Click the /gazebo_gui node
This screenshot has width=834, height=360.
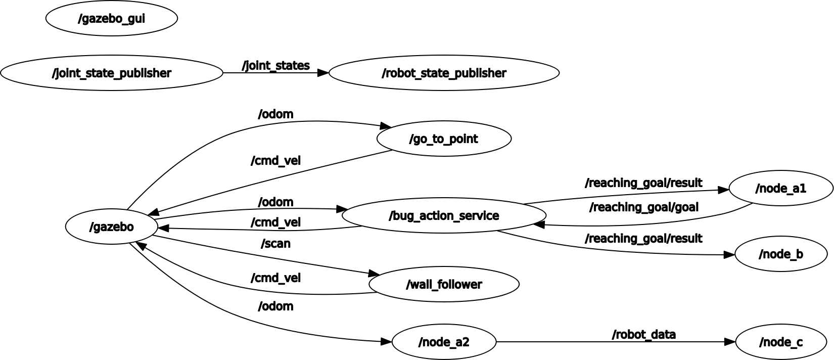[111, 19]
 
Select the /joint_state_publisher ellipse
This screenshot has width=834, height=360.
[111, 73]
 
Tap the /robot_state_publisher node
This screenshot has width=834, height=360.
[444, 73]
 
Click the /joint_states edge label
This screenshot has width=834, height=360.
[276, 66]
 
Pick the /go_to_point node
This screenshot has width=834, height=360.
[444, 139]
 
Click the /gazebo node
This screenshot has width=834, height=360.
[111, 227]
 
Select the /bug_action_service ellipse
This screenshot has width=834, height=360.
[444, 216]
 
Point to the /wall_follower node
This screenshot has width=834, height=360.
[444, 285]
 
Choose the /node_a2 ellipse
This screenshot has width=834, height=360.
[444, 342]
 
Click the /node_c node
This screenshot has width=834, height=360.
[780, 342]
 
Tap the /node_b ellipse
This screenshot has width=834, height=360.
[780, 254]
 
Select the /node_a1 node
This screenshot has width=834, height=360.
[780, 189]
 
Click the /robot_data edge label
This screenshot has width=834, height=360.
[643, 335]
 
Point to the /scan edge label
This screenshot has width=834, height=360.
[275, 244]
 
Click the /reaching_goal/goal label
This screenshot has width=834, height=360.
[643, 207]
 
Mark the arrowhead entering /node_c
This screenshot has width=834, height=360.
[730, 342]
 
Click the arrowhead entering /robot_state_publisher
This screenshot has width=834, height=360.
[323, 73]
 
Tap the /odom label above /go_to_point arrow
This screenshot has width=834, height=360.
[275, 114]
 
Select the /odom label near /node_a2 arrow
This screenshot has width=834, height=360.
[275, 306]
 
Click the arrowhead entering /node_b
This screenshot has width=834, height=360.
[729, 255]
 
